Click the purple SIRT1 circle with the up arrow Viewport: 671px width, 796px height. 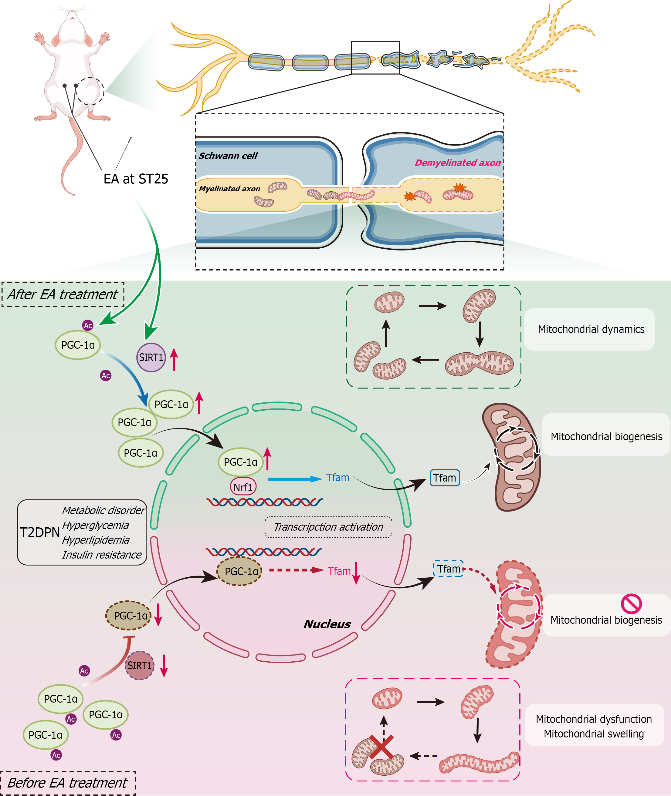(151, 357)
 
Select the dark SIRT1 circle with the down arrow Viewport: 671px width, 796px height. (140, 665)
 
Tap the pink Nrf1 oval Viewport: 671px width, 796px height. (243, 487)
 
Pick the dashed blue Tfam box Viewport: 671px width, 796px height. (449, 569)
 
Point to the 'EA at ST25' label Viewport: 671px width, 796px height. (136, 179)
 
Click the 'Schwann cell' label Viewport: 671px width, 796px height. (228, 156)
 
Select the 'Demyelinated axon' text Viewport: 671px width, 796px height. (458, 163)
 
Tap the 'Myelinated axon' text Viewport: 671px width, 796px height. (229, 189)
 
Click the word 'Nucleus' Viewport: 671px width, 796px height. (327, 624)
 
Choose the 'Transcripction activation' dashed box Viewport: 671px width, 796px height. (328, 527)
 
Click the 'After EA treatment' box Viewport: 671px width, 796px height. (63, 294)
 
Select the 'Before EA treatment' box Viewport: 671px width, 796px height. (68, 783)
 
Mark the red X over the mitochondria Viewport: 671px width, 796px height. (381, 747)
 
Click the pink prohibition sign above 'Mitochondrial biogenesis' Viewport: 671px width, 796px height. (632, 604)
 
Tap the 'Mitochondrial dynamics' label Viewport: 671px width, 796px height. (591, 329)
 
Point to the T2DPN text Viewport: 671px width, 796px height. (39, 532)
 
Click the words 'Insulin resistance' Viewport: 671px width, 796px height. (102, 555)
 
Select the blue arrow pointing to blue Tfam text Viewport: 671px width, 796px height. (295, 479)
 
